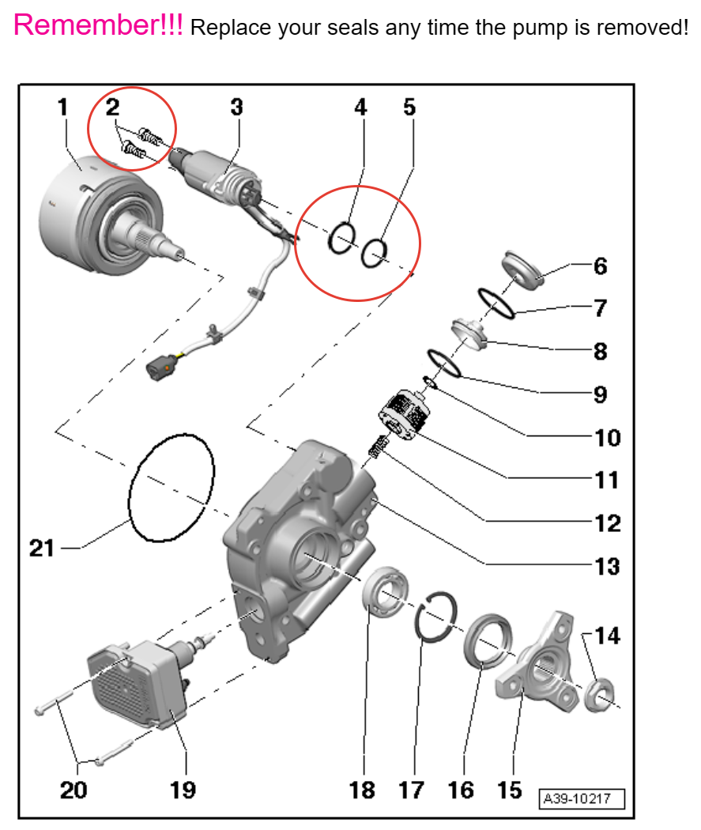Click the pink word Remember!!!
[99, 25]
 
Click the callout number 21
[41, 547]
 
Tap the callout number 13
[608, 566]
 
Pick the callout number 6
[601, 266]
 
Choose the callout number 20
[73, 788]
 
